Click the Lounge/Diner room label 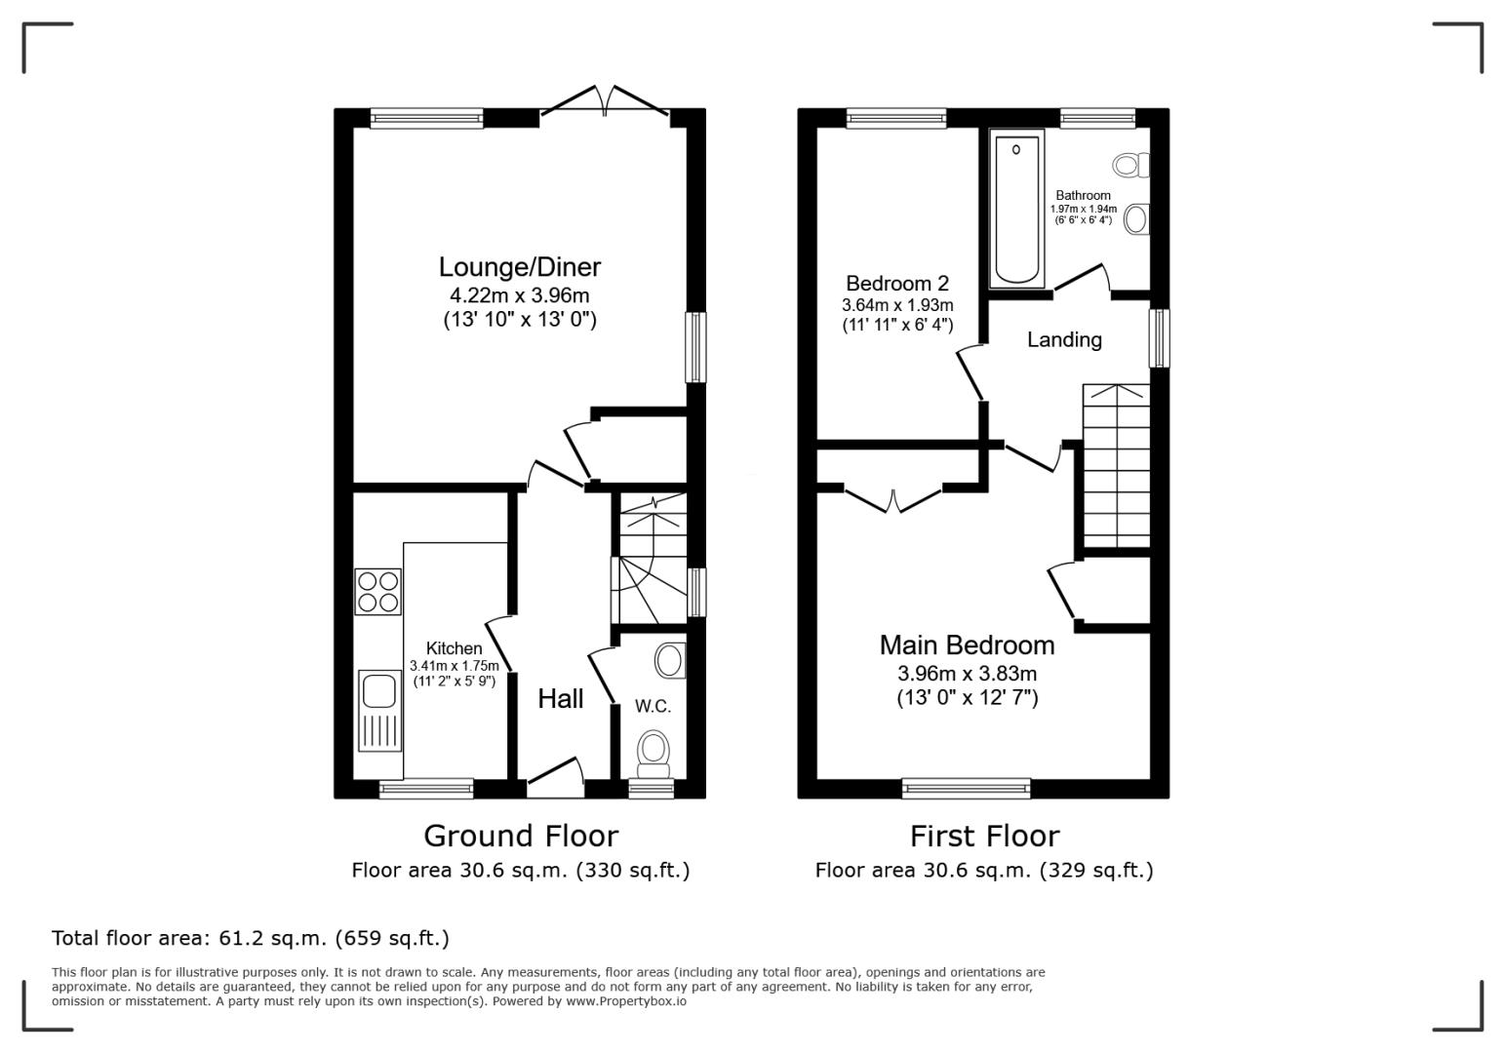coord(519,267)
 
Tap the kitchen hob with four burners coord(378,592)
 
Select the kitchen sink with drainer coord(379,711)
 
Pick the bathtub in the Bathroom coord(1016,209)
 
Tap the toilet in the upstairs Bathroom coord(1131,165)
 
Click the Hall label coord(560,699)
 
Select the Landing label coord(1064,340)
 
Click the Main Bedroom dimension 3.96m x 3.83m coord(967,674)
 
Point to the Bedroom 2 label coord(897,283)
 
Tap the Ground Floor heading coord(521,837)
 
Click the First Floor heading coord(984,837)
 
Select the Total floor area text coord(250,938)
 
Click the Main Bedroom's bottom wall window coord(967,789)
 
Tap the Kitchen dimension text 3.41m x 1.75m coord(455,666)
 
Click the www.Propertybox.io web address coord(626,1001)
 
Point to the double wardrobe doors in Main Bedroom coord(893,500)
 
